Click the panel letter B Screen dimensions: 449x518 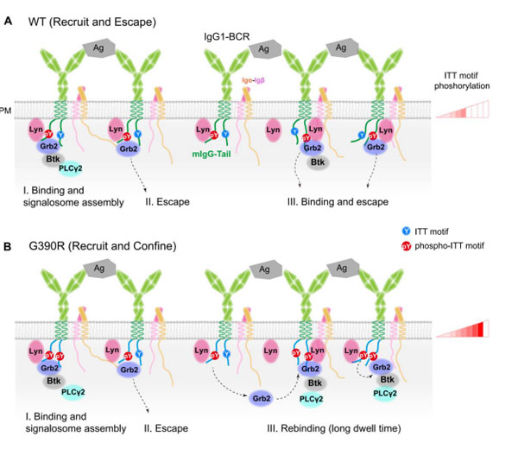click(x=9, y=246)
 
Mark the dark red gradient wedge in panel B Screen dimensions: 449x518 click(x=465, y=328)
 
